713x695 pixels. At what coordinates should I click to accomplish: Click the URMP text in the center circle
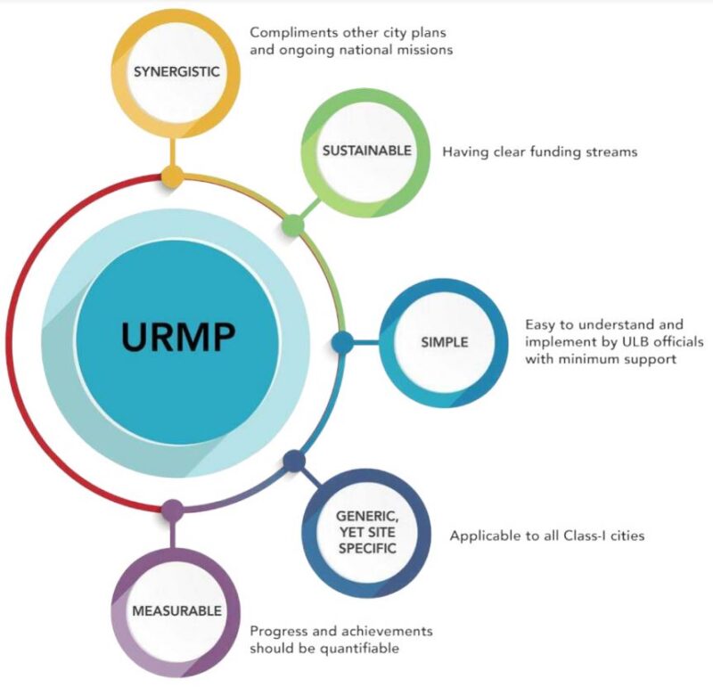point(178,339)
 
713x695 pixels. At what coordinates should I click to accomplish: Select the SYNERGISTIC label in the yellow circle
point(176,72)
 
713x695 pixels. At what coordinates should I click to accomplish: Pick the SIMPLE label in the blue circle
point(445,342)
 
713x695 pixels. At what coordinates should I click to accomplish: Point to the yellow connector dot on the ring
point(174,176)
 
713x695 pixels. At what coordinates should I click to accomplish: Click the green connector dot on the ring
point(292,225)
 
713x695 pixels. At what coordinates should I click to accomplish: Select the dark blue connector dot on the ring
point(294,461)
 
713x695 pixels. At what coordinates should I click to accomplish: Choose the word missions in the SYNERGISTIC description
point(425,50)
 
